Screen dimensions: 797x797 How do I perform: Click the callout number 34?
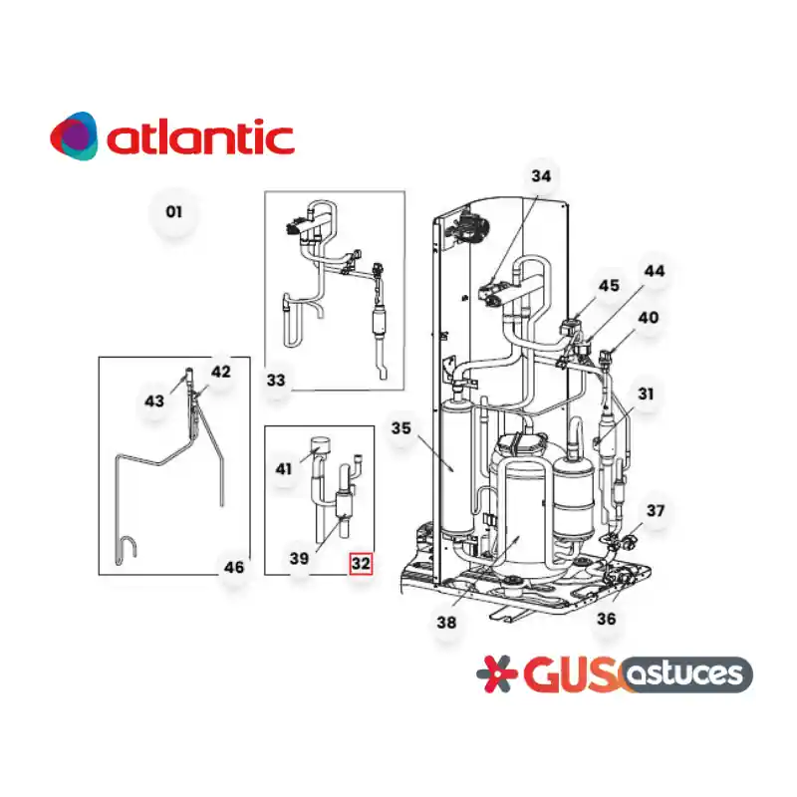[541, 176]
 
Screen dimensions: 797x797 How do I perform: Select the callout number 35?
[401, 428]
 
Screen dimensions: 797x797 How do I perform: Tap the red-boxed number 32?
[361, 563]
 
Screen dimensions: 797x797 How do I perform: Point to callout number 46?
[234, 567]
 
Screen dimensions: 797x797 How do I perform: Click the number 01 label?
[173, 212]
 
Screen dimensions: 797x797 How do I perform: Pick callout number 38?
[446, 622]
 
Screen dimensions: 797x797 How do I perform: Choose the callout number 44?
[655, 271]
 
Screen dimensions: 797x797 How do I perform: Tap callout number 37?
[656, 510]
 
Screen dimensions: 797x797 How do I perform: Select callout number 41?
[284, 468]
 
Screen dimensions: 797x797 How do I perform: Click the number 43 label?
[154, 401]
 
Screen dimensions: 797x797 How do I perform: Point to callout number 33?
[276, 381]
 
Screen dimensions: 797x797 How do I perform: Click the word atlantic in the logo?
[201, 136]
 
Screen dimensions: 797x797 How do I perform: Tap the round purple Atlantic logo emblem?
[74, 136]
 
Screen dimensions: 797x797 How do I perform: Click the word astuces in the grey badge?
[684, 674]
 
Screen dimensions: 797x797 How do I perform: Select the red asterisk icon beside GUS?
[496, 674]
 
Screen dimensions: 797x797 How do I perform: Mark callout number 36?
[607, 619]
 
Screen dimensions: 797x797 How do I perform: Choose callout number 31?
[646, 394]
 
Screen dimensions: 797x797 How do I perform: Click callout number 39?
[299, 559]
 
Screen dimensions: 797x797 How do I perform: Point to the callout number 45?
[609, 286]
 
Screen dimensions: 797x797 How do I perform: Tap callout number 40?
[649, 318]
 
